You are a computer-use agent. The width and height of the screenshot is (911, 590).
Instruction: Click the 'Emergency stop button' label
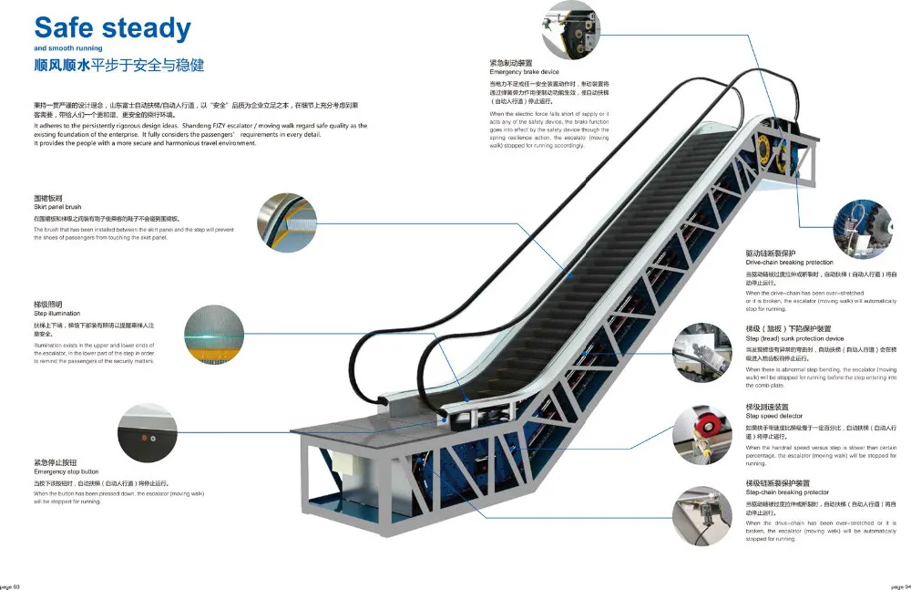click(x=63, y=471)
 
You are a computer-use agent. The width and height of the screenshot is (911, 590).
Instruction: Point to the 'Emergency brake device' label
click(x=524, y=71)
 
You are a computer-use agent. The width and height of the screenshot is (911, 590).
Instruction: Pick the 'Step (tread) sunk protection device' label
click(x=794, y=338)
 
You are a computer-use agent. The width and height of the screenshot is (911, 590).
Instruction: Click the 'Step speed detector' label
click(x=774, y=416)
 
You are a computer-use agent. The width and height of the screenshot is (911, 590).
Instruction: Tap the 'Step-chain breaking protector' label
click(x=787, y=492)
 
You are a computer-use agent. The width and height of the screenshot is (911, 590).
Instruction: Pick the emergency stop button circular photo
click(x=147, y=433)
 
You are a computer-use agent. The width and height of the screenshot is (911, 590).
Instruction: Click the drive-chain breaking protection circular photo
click(x=865, y=229)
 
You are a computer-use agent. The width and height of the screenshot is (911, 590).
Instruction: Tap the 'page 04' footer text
click(x=900, y=585)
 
